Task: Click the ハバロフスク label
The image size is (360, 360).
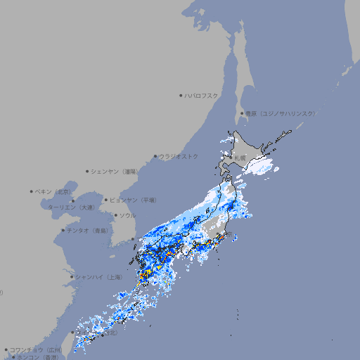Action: point(202,95)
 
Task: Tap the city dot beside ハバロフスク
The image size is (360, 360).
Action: point(181,95)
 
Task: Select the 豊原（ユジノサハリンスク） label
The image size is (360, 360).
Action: point(280,113)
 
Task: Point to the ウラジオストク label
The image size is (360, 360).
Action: point(179,156)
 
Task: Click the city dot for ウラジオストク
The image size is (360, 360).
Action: point(155,157)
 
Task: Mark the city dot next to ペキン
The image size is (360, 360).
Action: point(32,191)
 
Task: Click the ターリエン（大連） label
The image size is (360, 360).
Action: point(71,208)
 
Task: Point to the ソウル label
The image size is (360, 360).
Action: point(127,215)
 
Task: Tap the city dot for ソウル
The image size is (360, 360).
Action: point(114,215)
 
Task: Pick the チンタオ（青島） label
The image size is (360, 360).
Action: point(88,230)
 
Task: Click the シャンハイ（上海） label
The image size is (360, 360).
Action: point(99,277)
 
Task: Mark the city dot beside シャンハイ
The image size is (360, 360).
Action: point(72,277)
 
